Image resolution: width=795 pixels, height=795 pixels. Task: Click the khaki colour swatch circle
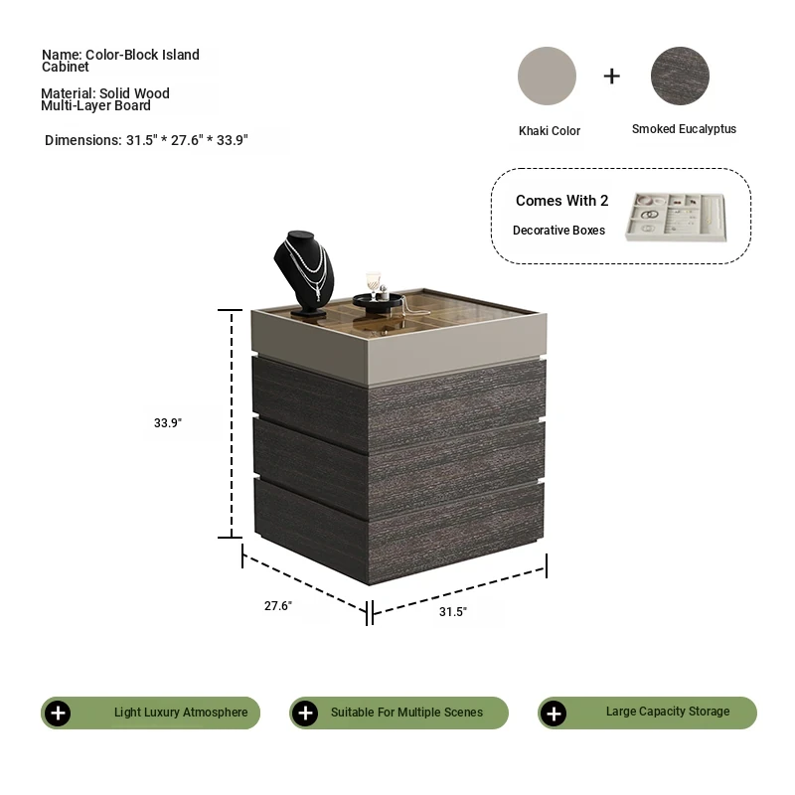pos(547,77)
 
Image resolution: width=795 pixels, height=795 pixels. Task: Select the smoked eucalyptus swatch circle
pos(680,77)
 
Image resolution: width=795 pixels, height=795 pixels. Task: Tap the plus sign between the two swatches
pos(612,77)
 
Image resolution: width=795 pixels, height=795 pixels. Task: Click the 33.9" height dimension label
pos(168,423)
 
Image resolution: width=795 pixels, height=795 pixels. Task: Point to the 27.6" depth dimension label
pos(278,606)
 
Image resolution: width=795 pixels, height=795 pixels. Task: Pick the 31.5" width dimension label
pos(453,612)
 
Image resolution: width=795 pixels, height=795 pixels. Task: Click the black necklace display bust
pos(304,272)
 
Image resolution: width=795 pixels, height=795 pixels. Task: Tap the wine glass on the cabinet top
pos(374,285)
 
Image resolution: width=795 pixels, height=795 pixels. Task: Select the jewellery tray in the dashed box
pos(676,217)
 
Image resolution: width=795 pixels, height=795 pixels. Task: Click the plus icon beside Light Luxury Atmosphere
pos(58,713)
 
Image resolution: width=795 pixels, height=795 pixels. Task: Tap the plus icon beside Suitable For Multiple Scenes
pos(305,713)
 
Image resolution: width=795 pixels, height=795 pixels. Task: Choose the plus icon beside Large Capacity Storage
pos(554,714)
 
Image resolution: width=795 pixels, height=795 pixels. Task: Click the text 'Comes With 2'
pos(561,201)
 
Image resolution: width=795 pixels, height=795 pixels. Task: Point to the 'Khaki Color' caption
pos(550,131)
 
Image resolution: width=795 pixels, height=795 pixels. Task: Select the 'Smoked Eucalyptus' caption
pos(684,129)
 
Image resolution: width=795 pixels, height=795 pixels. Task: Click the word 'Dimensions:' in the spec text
pos(83,140)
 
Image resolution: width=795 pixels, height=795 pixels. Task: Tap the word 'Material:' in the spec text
pos(69,93)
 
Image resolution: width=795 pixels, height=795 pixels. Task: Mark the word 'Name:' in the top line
pos(62,55)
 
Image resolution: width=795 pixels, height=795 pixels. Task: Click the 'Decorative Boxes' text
pos(558,231)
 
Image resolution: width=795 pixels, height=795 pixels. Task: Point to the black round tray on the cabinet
pos(378,303)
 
